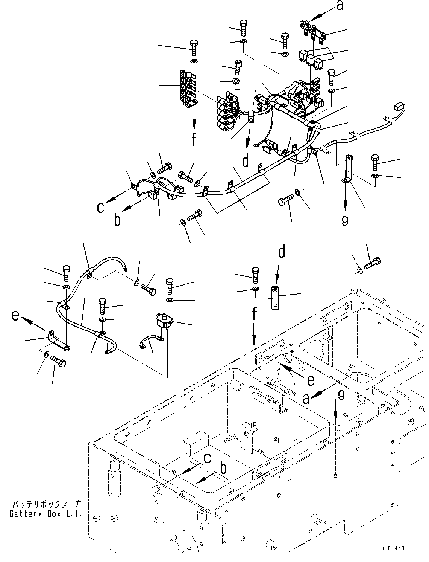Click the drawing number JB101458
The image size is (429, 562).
pos(389,548)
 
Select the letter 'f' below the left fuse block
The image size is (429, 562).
pos(194,140)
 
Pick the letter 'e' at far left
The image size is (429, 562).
pos(15,316)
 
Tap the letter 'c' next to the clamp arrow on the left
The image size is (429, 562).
pos(100,208)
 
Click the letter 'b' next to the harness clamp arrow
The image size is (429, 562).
pos(118,220)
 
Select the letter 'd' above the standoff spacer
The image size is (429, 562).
pos(282,251)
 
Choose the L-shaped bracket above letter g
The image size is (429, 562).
pos(347,171)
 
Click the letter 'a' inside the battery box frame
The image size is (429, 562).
pos(307,398)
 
